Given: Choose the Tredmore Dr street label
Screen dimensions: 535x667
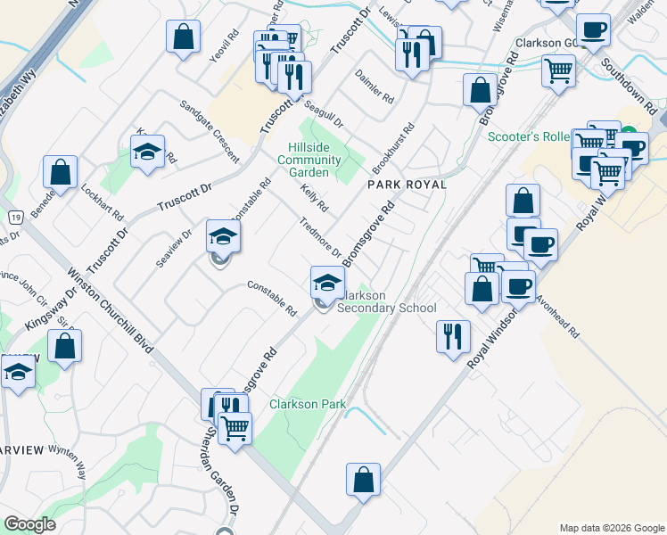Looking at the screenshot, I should (x=321, y=238).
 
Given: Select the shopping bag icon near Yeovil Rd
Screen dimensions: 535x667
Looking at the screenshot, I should (x=183, y=37).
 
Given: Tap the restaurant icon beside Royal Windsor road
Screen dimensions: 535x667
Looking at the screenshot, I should (x=453, y=336).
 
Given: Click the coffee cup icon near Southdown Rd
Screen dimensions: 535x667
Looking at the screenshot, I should (x=593, y=30).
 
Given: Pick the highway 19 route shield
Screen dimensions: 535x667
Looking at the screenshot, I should (x=16, y=217).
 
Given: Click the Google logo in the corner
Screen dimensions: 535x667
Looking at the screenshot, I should (x=29, y=524).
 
